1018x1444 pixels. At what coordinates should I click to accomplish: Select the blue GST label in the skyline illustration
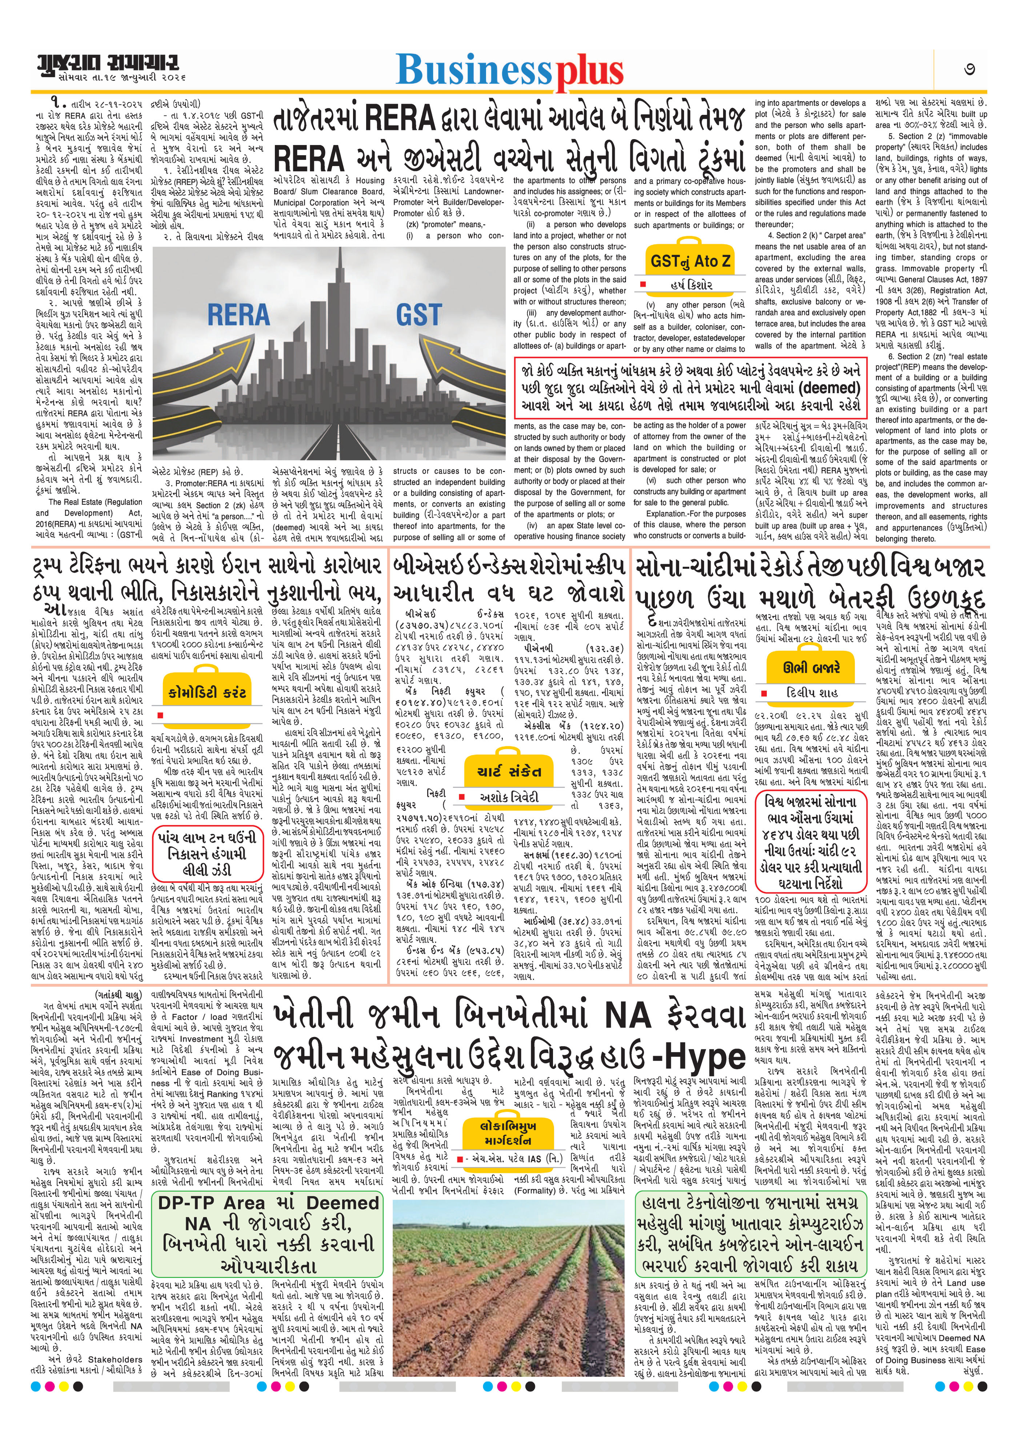(418, 314)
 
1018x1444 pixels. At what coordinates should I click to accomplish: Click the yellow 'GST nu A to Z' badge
(690, 260)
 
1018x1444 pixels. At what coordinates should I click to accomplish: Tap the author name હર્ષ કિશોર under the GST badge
(690, 285)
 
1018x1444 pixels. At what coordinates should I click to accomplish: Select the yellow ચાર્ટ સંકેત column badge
(510, 772)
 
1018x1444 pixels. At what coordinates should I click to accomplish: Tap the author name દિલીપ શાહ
(811, 693)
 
